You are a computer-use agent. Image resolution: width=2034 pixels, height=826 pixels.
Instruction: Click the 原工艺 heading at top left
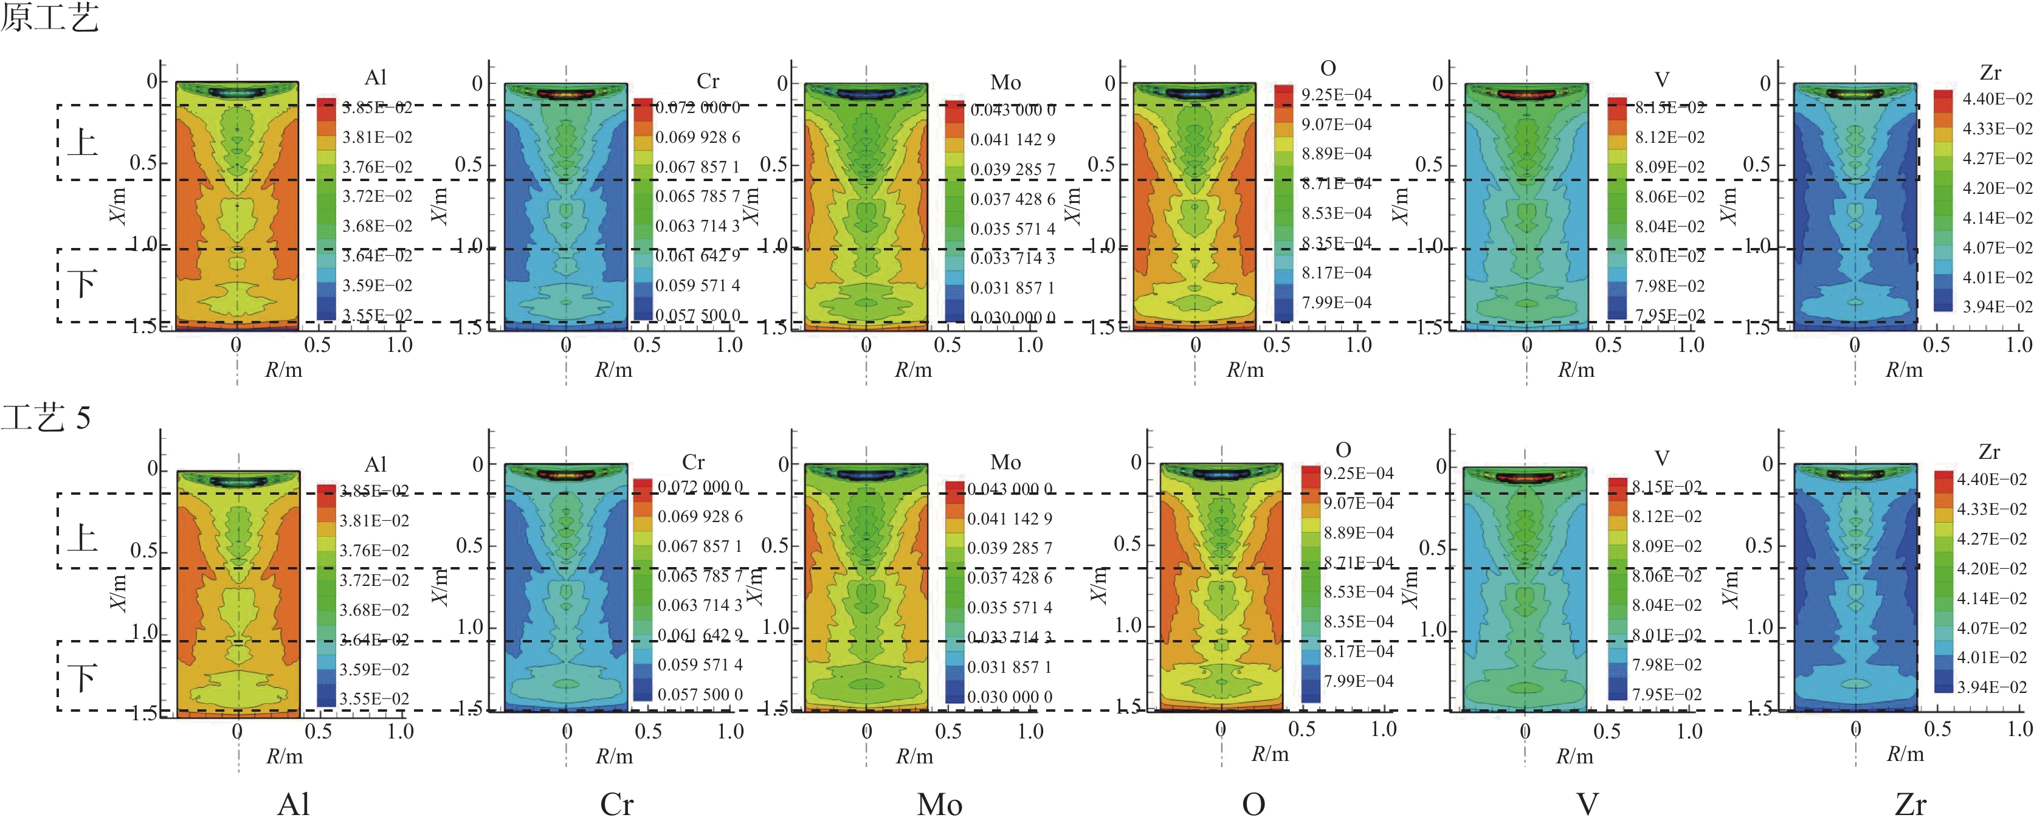coord(49,18)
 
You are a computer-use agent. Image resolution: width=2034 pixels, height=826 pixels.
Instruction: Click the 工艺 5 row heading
coord(46,417)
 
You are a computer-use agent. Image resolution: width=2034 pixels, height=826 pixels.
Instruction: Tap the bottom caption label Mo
coord(939,805)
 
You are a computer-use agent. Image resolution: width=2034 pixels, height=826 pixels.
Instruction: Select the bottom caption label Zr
coord(1910,805)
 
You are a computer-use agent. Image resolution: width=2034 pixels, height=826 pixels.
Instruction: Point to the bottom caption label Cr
coord(616,805)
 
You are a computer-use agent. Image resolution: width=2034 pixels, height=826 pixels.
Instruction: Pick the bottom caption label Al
coord(293,805)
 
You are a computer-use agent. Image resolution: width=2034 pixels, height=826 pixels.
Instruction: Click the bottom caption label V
coord(1587,805)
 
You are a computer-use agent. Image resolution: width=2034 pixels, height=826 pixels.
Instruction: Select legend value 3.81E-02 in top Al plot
coord(377,137)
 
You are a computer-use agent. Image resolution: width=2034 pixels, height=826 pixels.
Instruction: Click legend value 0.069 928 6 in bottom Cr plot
coord(700,517)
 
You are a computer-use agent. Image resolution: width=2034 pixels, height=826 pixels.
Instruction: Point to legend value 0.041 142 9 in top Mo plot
coord(1012,140)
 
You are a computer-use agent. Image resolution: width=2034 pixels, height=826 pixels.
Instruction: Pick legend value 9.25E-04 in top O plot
coord(1336,95)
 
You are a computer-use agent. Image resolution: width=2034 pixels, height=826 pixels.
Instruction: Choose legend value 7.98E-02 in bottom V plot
coord(1666,665)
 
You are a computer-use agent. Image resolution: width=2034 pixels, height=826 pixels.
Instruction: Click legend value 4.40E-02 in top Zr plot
coord(1997,98)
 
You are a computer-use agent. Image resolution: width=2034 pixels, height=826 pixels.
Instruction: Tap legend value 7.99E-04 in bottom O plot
coord(1358,681)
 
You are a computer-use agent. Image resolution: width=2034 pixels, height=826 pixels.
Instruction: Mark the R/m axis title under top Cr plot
coord(613,370)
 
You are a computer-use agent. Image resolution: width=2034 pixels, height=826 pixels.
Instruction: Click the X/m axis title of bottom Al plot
coord(118,592)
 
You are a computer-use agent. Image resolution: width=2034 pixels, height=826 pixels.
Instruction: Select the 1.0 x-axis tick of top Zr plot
coord(2018,344)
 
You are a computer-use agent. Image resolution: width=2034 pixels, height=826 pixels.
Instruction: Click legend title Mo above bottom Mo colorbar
coord(1005,462)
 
